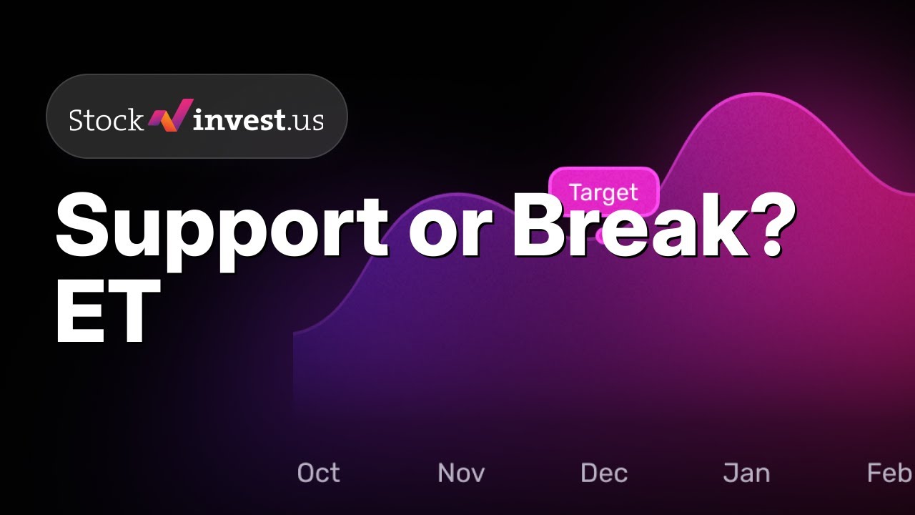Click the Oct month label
[x=318, y=473]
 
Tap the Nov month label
[x=461, y=473]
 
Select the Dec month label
[x=604, y=473]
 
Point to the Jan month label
[x=746, y=473]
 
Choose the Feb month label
[x=891, y=473]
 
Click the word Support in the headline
[x=222, y=231]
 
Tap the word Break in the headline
[x=631, y=225]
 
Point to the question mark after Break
[x=772, y=225]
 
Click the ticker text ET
[x=107, y=311]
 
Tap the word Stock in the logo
[x=107, y=119]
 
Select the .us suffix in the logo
[x=305, y=121]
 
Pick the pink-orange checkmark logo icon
[x=170, y=115]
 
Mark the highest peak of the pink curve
[x=758, y=94]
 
